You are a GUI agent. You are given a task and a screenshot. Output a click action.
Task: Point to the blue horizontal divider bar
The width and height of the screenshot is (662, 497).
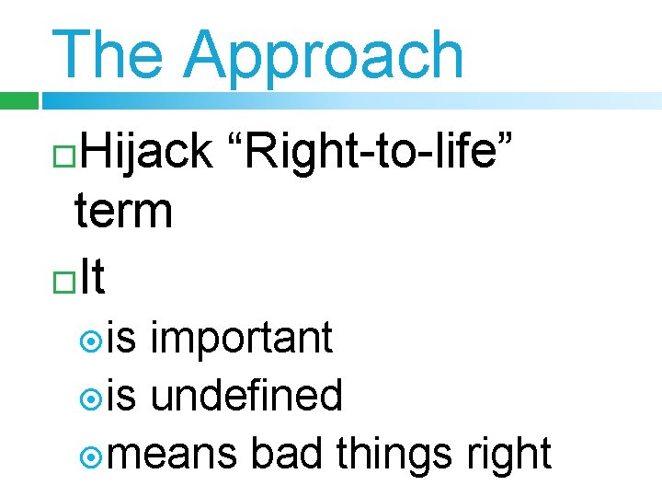pos(349,100)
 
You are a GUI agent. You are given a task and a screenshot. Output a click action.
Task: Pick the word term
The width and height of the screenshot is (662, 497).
pos(123,211)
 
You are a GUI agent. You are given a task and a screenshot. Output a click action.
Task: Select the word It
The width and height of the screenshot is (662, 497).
pos(93,277)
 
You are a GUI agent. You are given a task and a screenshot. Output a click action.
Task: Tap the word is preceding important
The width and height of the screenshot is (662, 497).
pos(122,338)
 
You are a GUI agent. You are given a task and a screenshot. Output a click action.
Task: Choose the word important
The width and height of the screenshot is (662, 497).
pos(241,338)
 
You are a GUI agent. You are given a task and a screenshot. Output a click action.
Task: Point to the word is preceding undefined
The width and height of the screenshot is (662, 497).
pos(122,396)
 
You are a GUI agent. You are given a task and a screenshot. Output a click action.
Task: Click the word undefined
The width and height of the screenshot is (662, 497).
pos(246,396)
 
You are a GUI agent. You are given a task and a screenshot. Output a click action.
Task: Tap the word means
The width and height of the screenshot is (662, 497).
pos(176,455)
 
